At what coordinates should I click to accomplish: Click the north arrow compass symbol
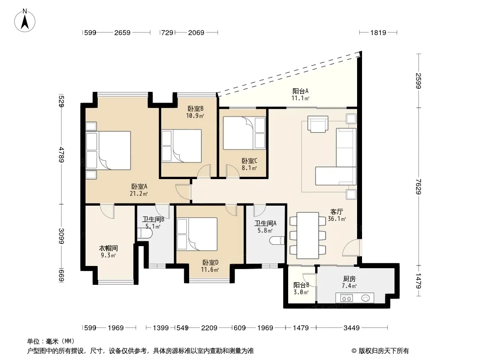tap(25, 20)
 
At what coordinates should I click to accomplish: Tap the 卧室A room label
tap(139, 186)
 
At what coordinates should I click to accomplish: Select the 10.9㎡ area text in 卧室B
tap(195, 116)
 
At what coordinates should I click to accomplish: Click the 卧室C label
tap(249, 161)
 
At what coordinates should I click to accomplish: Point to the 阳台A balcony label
tap(300, 91)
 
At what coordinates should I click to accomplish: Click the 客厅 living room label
tap(336, 211)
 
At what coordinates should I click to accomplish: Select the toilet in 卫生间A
tap(277, 240)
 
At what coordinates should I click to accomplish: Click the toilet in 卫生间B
tap(145, 234)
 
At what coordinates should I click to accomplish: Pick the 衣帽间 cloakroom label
tap(109, 248)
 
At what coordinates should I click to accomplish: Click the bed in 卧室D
tap(197, 234)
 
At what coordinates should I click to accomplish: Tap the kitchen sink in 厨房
tap(366, 298)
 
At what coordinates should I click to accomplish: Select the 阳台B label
tap(301, 285)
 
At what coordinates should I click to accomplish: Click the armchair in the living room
tap(318, 124)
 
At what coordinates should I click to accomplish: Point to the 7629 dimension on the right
tap(418, 186)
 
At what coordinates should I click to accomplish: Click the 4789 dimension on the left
tap(62, 155)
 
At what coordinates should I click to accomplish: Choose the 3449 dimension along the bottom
tap(351, 328)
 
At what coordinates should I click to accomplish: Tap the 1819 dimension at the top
tap(378, 32)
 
